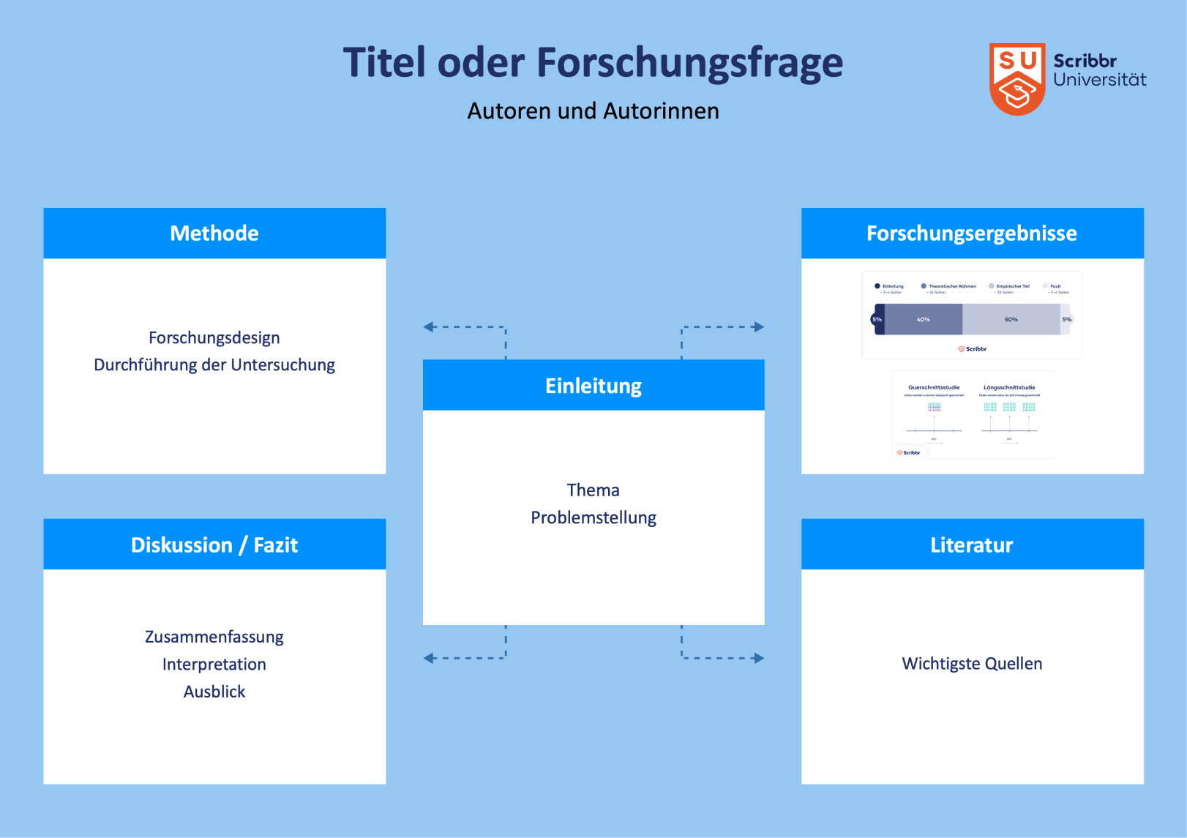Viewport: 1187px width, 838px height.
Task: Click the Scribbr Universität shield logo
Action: (1017, 79)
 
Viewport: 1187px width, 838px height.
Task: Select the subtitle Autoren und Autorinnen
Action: (593, 111)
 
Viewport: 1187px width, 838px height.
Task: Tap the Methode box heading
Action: (214, 233)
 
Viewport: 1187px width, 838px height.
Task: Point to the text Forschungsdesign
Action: (214, 337)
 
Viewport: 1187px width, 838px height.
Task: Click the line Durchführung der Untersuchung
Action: (214, 364)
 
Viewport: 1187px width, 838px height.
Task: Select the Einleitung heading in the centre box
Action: (593, 386)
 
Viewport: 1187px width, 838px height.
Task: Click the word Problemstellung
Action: (593, 517)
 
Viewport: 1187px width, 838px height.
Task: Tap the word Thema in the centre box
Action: (593, 490)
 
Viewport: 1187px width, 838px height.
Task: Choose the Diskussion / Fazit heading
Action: (214, 545)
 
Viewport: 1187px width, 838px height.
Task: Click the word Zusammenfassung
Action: (214, 637)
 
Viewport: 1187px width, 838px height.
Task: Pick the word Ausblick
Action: (214, 692)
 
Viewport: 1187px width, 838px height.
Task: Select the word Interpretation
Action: (214, 665)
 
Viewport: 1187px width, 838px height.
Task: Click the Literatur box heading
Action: (972, 545)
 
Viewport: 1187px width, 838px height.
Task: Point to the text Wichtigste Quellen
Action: (972, 664)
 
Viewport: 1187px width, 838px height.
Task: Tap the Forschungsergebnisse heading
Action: (972, 233)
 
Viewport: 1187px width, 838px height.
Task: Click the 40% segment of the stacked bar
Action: (924, 320)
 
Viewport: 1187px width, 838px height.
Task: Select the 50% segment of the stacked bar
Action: (1011, 320)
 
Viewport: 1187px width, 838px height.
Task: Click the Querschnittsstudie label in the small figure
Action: (934, 388)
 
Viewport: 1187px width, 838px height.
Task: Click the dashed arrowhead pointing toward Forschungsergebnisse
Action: (760, 327)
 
